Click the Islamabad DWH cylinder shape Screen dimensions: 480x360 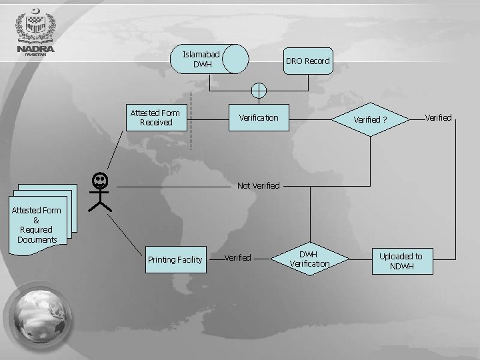(209, 59)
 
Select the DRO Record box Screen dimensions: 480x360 (307, 61)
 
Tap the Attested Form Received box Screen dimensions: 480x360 (155, 118)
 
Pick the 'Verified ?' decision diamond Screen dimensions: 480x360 (370, 120)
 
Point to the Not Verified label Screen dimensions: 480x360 (258, 185)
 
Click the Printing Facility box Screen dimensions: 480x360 (175, 259)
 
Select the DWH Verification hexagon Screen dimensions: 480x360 (309, 259)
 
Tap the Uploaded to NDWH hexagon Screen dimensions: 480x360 (401, 261)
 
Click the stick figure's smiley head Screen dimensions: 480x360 (100, 180)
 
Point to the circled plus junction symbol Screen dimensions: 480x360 (259, 90)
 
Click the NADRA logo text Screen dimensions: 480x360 (36, 49)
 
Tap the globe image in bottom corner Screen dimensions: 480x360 (38, 317)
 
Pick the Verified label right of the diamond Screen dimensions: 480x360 (438, 118)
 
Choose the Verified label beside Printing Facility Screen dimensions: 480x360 (237, 257)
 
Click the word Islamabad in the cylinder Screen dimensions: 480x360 (201, 53)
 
